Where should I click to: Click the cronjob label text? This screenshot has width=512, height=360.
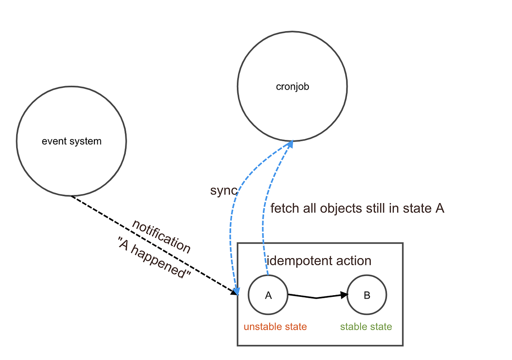292,87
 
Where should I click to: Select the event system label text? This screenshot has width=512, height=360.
72,142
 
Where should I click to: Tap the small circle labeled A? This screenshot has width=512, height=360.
268,295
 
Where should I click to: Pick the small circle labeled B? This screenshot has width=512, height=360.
367,295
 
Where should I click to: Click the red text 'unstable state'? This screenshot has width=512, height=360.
275,327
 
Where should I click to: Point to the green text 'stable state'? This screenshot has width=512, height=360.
366,327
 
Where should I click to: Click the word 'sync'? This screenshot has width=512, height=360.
223,191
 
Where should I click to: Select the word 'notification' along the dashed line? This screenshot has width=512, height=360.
161,236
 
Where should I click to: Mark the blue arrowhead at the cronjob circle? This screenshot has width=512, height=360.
290,144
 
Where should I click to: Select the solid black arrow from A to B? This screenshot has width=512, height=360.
316,297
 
